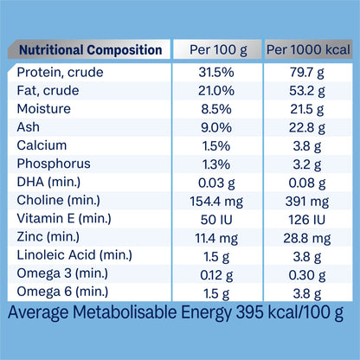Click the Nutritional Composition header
(x=90, y=50)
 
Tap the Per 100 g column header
(x=218, y=50)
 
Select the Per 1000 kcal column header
(x=308, y=49)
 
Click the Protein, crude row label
(x=60, y=72)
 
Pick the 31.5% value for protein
(x=216, y=72)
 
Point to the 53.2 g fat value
(x=307, y=91)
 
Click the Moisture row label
(x=44, y=109)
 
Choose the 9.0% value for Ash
(x=216, y=127)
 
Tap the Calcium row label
(x=42, y=145)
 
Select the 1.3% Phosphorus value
(x=216, y=164)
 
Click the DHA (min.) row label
(x=48, y=182)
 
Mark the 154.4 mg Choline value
(x=216, y=202)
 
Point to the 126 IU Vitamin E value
(x=307, y=220)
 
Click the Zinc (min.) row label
(x=48, y=237)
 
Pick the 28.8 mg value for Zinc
(x=307, y=238)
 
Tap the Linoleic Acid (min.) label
(x=74, y=255)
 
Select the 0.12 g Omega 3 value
(x=216, y=275)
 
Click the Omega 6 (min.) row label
(x=62, y=292)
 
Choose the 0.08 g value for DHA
(x=307, y=183)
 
